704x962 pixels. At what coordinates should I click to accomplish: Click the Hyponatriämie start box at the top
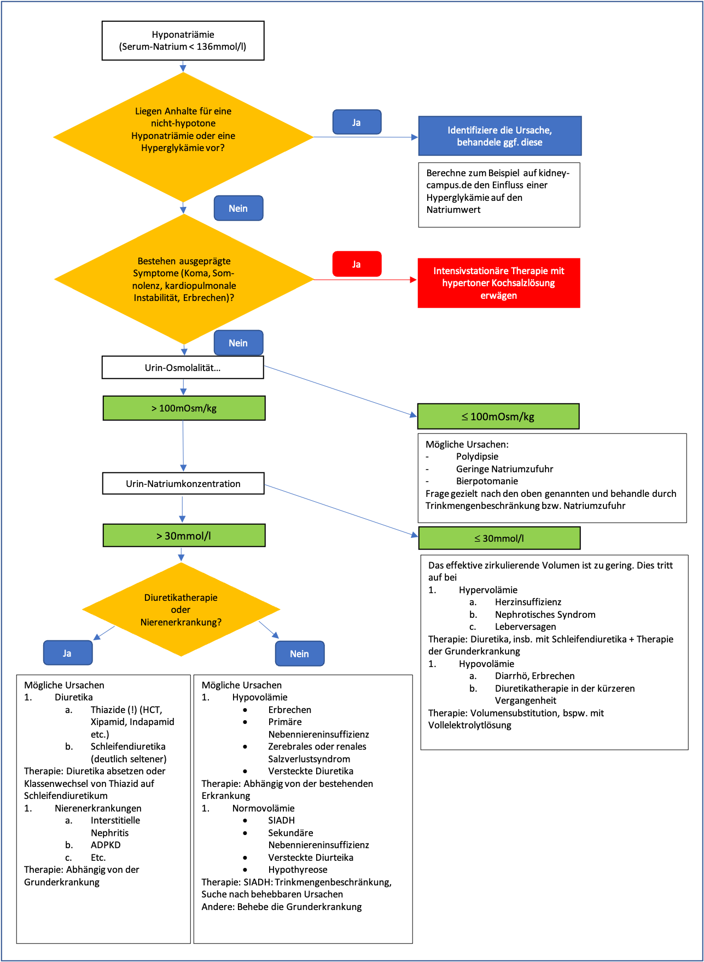point(183,40)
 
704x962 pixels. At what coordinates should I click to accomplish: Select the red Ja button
point(357,264)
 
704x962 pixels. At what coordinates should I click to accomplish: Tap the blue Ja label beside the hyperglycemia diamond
point(357,122)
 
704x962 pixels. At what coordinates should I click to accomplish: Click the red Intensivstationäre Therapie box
point(498,283)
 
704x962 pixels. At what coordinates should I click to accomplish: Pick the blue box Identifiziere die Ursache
point(499,136)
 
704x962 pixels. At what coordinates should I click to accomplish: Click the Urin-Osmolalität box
point(183,368)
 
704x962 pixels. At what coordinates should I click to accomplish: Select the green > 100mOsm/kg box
point(184,408)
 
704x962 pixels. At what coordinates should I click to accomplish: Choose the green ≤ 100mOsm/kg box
point(498,416)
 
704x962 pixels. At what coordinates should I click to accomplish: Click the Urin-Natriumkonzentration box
point(183,484)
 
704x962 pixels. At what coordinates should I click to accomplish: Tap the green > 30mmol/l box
point(184,536)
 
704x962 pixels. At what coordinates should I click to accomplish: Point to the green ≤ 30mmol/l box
point(499,538)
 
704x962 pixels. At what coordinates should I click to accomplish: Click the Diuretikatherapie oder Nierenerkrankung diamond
point(181,610)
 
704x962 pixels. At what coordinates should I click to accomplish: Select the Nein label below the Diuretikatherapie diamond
point(299,654)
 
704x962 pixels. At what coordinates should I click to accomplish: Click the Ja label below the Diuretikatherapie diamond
point(67,653)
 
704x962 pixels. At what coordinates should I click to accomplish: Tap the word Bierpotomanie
point(487,481)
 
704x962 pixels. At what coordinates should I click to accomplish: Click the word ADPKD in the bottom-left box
point(106,845)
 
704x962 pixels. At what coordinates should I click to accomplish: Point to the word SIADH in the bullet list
point(281,820)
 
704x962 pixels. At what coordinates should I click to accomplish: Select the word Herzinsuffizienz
point(528,602)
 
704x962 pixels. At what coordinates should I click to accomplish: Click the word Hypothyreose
point(298,870)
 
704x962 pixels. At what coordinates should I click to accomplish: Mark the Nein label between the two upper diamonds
point(238,208)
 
